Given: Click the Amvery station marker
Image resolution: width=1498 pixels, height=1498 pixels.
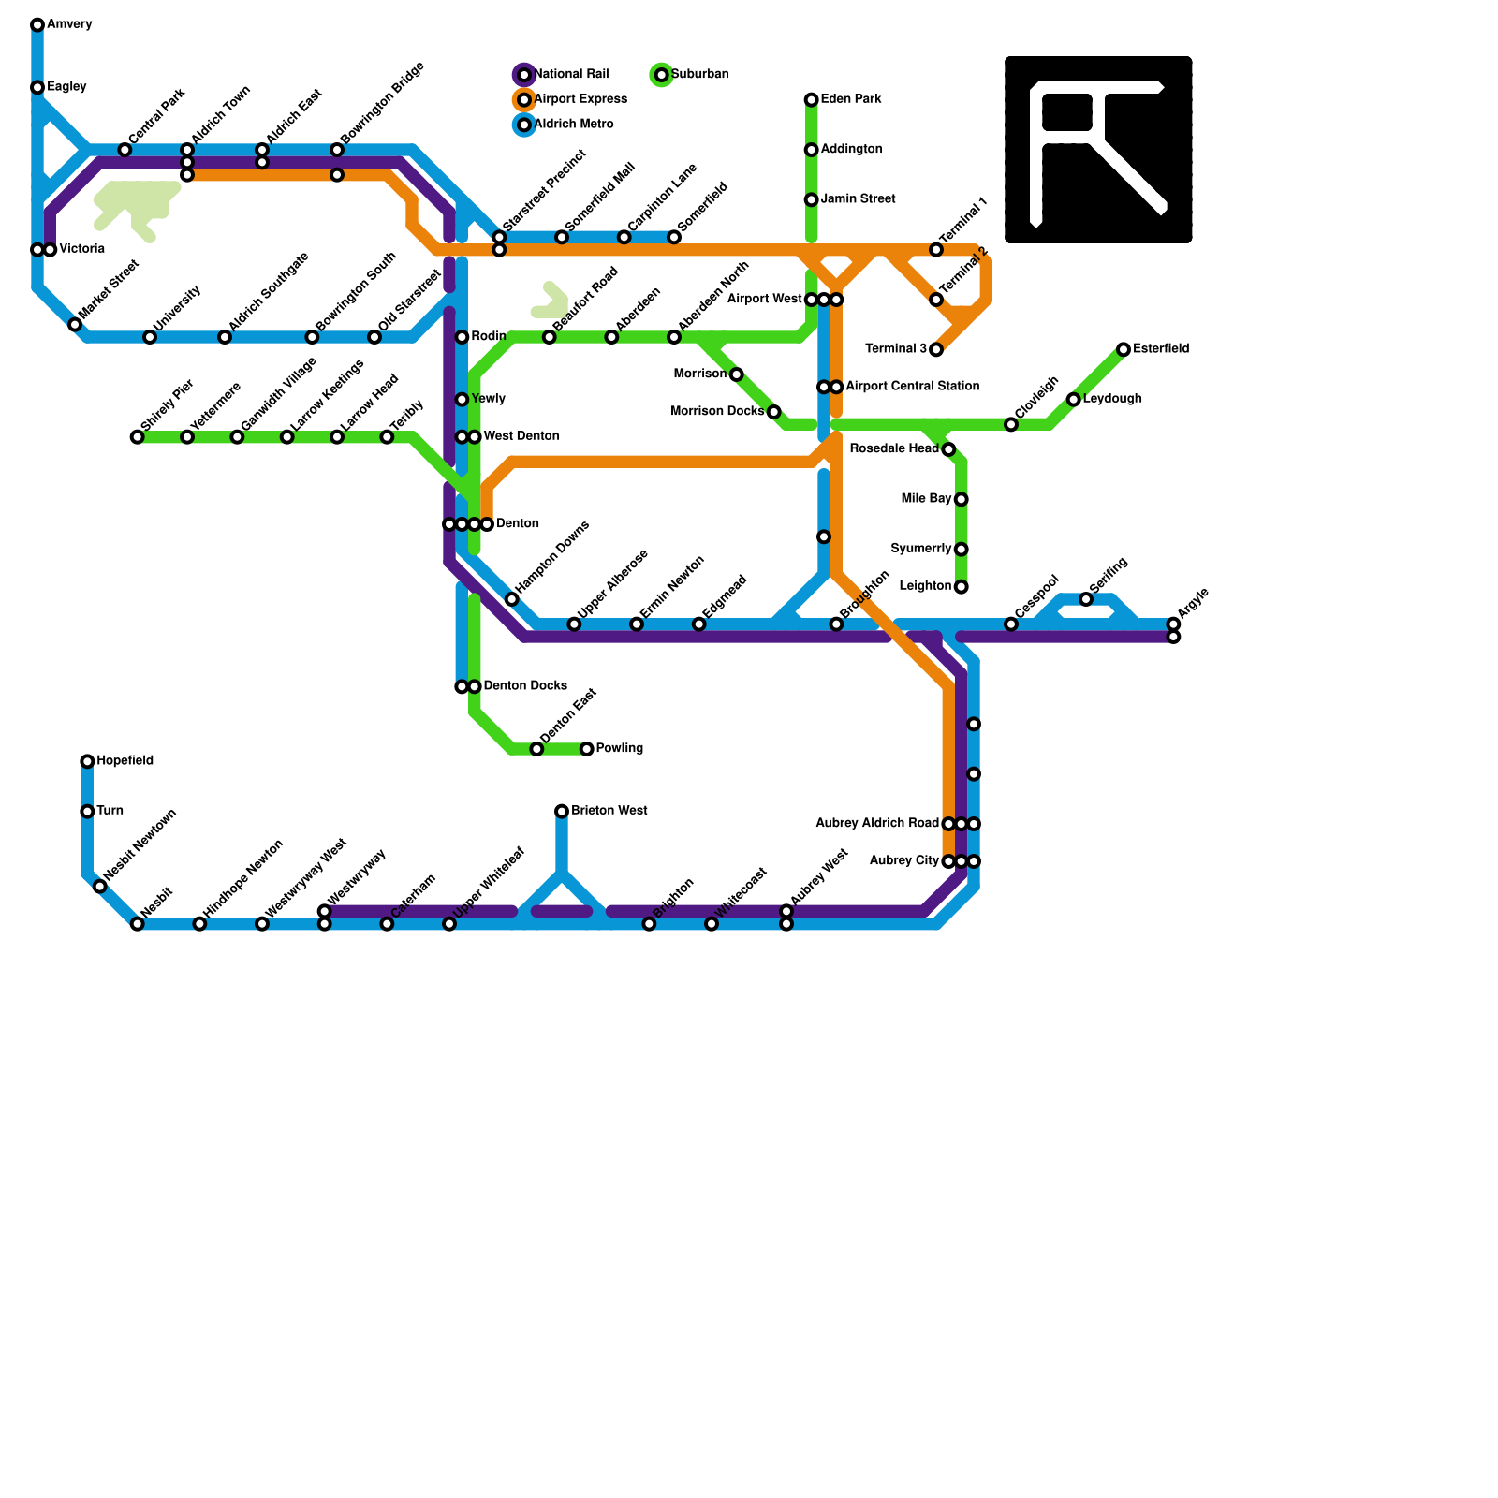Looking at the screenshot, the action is click(37, 24).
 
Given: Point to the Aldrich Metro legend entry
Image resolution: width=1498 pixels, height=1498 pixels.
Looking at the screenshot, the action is click(574, 125).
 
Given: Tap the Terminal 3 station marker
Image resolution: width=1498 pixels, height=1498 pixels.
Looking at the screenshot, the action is click(936, 349).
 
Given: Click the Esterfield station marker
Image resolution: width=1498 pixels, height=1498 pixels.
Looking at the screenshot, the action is click(1123, 349).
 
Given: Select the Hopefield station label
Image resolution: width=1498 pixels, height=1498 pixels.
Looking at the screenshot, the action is click(125, 761).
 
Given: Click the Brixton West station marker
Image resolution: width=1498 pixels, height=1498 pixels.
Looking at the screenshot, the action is click(562, 811).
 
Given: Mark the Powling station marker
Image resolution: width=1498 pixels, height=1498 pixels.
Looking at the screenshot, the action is click(587, 749).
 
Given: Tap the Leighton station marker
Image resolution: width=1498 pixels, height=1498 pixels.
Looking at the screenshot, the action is click(962, 587).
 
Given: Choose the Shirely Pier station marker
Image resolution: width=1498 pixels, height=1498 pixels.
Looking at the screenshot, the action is click(138, 437).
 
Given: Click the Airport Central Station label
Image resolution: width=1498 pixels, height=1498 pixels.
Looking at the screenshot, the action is click(912, 387).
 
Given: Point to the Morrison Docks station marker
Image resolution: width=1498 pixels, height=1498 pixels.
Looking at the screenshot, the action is click(774, 412).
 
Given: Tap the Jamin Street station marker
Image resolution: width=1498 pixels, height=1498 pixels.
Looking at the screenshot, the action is click(812, 199).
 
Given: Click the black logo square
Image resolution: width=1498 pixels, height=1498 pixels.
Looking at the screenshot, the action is click(1098, 150).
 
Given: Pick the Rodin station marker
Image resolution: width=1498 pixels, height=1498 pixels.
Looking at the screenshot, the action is click(462, 337).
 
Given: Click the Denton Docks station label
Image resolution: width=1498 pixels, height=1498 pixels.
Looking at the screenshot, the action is click(525, 686).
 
